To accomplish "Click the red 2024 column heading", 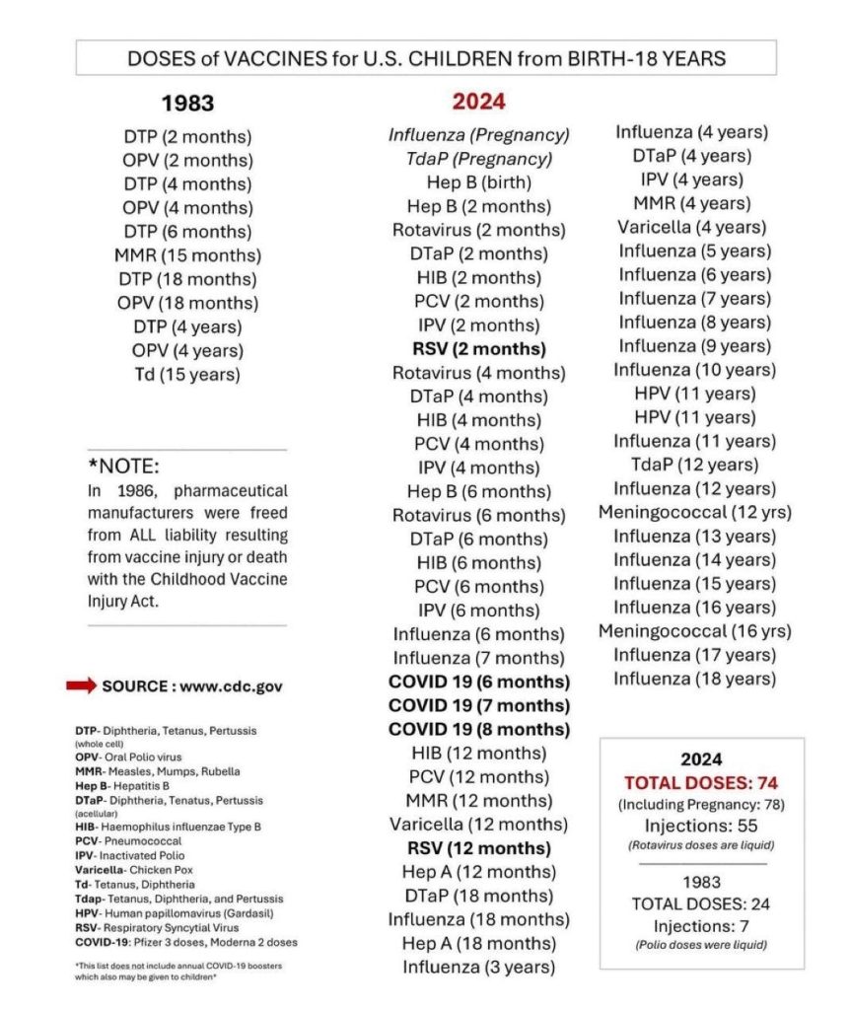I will pos(478,103).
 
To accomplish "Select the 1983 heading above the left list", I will pos(187,104).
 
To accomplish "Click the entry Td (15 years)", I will pos(187,374).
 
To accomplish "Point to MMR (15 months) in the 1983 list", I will pos(187,255).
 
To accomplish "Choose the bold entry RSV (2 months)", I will pos(478,349).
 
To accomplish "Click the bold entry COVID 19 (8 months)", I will pos(478,730).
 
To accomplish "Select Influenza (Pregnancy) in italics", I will pos(478,135).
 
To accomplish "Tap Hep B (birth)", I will pos(478,182).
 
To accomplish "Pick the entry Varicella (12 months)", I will pos(478,825).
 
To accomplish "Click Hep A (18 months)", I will pos(478,944).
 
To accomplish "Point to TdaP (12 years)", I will pos(694,465).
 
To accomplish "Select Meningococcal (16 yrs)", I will pos(694,631).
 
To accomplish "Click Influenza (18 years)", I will pos(694,679).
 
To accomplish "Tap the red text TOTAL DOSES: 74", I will pos(701,782).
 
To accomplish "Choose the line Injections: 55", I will pos(701,826).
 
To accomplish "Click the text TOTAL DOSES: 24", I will pos(701,903).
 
